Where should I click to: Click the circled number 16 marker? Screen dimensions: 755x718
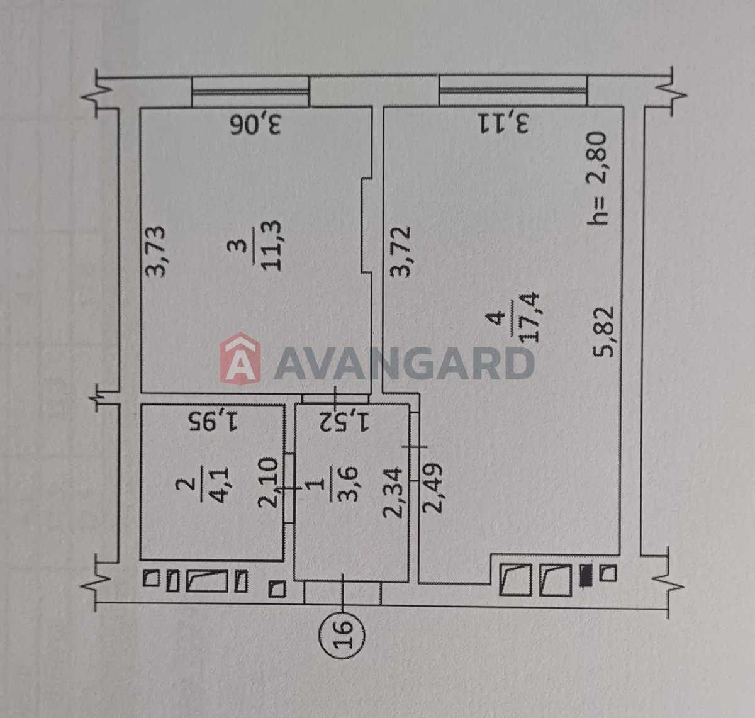[x=342, y=635]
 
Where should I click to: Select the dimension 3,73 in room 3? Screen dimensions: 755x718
[x=155, y=251]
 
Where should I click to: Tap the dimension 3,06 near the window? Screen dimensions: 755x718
[x=255, y=125]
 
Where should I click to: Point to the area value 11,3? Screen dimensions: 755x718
[x=272, y=246]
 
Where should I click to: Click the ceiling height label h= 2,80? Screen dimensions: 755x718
[x=596, y=179]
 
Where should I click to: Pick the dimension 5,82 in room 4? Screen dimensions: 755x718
[x=603, y=332]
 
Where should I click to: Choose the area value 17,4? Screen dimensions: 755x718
[x=528, y=318]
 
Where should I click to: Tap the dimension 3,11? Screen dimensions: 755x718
[x=503, y=123]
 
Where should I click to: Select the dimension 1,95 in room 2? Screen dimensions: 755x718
[x=213, y=421]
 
